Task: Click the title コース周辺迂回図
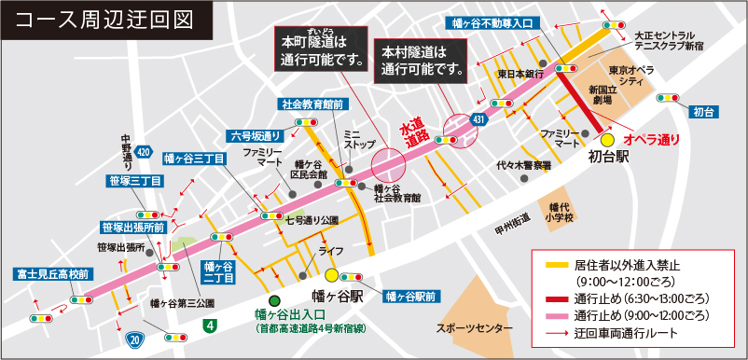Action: pyautogui.click(x=104, y=19)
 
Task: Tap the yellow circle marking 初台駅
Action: pyautogui.click(x=607, y=139)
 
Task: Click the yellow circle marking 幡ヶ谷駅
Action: pyautogui.click(x=332, y=275)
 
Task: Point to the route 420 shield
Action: pyautogui.click(x=142, y=150)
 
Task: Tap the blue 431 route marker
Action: pyautogui.click(x=478, y=119)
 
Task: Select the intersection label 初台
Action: pyautogui.click(x=706, y=112)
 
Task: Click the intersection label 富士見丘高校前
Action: pyautogui.click(x=53, y=274)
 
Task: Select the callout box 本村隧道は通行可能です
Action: pyautogui.click(x=422, y=59)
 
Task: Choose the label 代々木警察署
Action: pyautogui.click(x=524, y=165)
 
